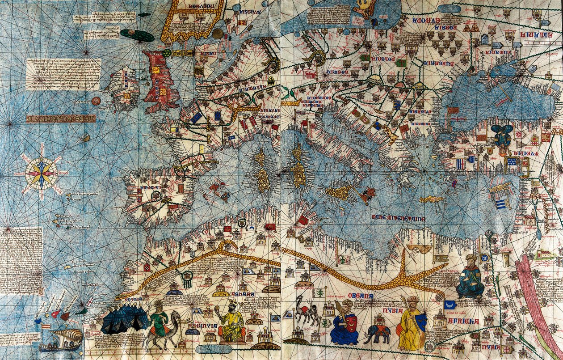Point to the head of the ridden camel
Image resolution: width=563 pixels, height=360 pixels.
(176, 317)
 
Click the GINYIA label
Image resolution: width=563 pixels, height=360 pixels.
(208, 326)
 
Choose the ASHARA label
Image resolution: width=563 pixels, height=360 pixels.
(243, 294)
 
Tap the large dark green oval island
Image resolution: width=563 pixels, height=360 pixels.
(137, 35)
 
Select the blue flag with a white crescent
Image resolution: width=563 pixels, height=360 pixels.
(450, 305)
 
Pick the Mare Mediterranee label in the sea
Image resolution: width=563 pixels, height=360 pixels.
(398, 218)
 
